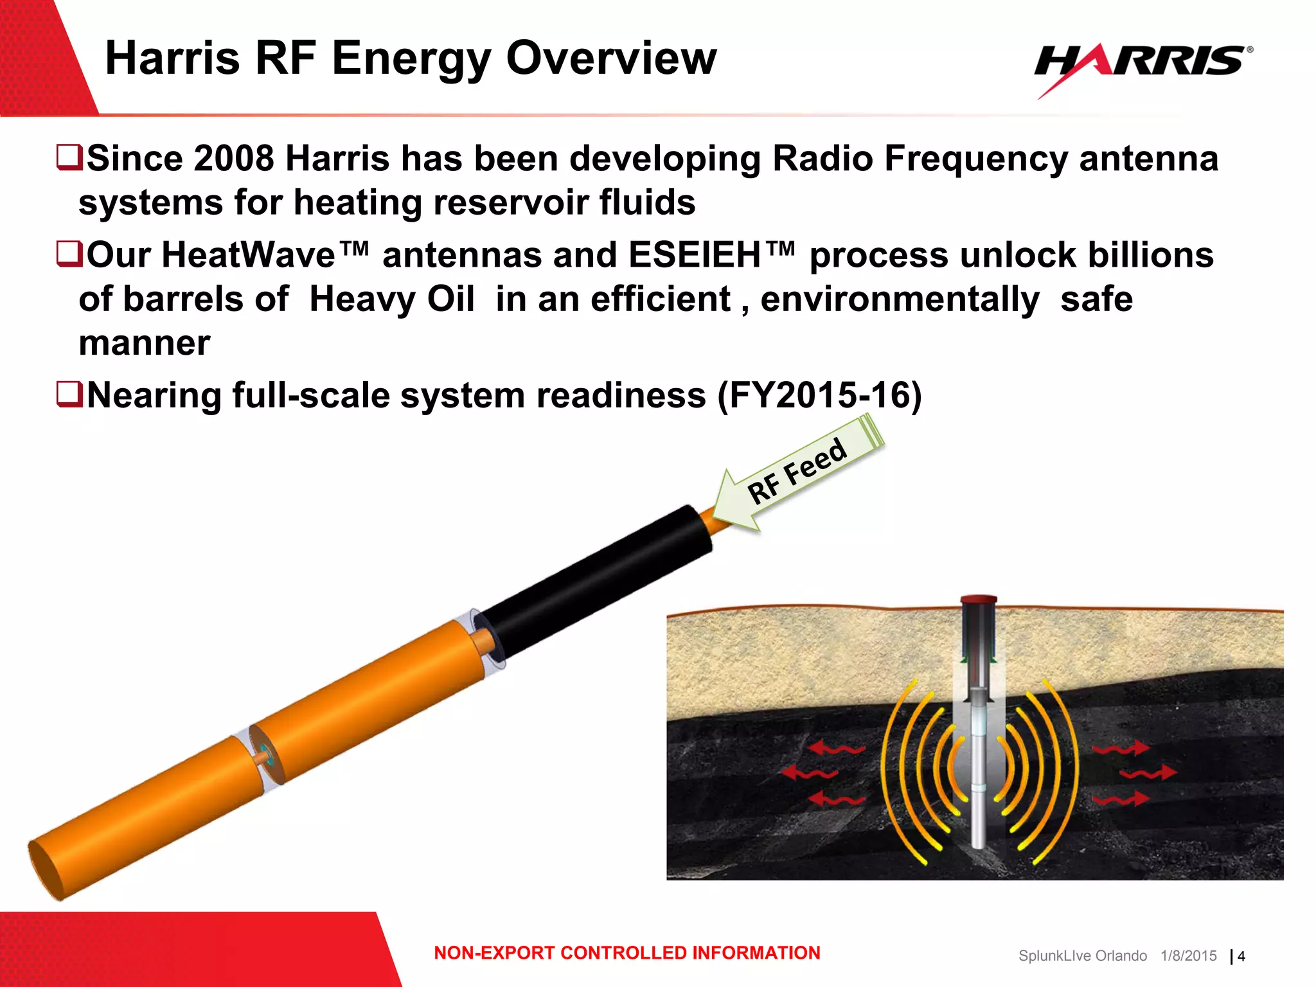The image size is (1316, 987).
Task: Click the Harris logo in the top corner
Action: pos(1143,64)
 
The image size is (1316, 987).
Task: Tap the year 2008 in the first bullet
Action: pos(234,158)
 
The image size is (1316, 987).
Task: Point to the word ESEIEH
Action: pos(695,255)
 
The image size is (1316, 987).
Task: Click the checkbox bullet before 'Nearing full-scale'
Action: pos(69,394)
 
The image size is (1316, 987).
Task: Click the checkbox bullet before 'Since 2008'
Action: pos(69,157)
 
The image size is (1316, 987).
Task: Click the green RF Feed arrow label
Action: pos(800,472)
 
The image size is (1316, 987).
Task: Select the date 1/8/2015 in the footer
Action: pos(1188,956)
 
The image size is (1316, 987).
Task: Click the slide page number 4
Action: pos(1241,956)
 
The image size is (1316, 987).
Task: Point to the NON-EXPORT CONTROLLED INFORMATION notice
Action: pos(627,952)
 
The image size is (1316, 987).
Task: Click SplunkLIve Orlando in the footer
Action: pos(1082,956)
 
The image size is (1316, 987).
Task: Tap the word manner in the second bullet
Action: pos(145,343)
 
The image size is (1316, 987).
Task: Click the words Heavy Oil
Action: pos(392,299)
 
